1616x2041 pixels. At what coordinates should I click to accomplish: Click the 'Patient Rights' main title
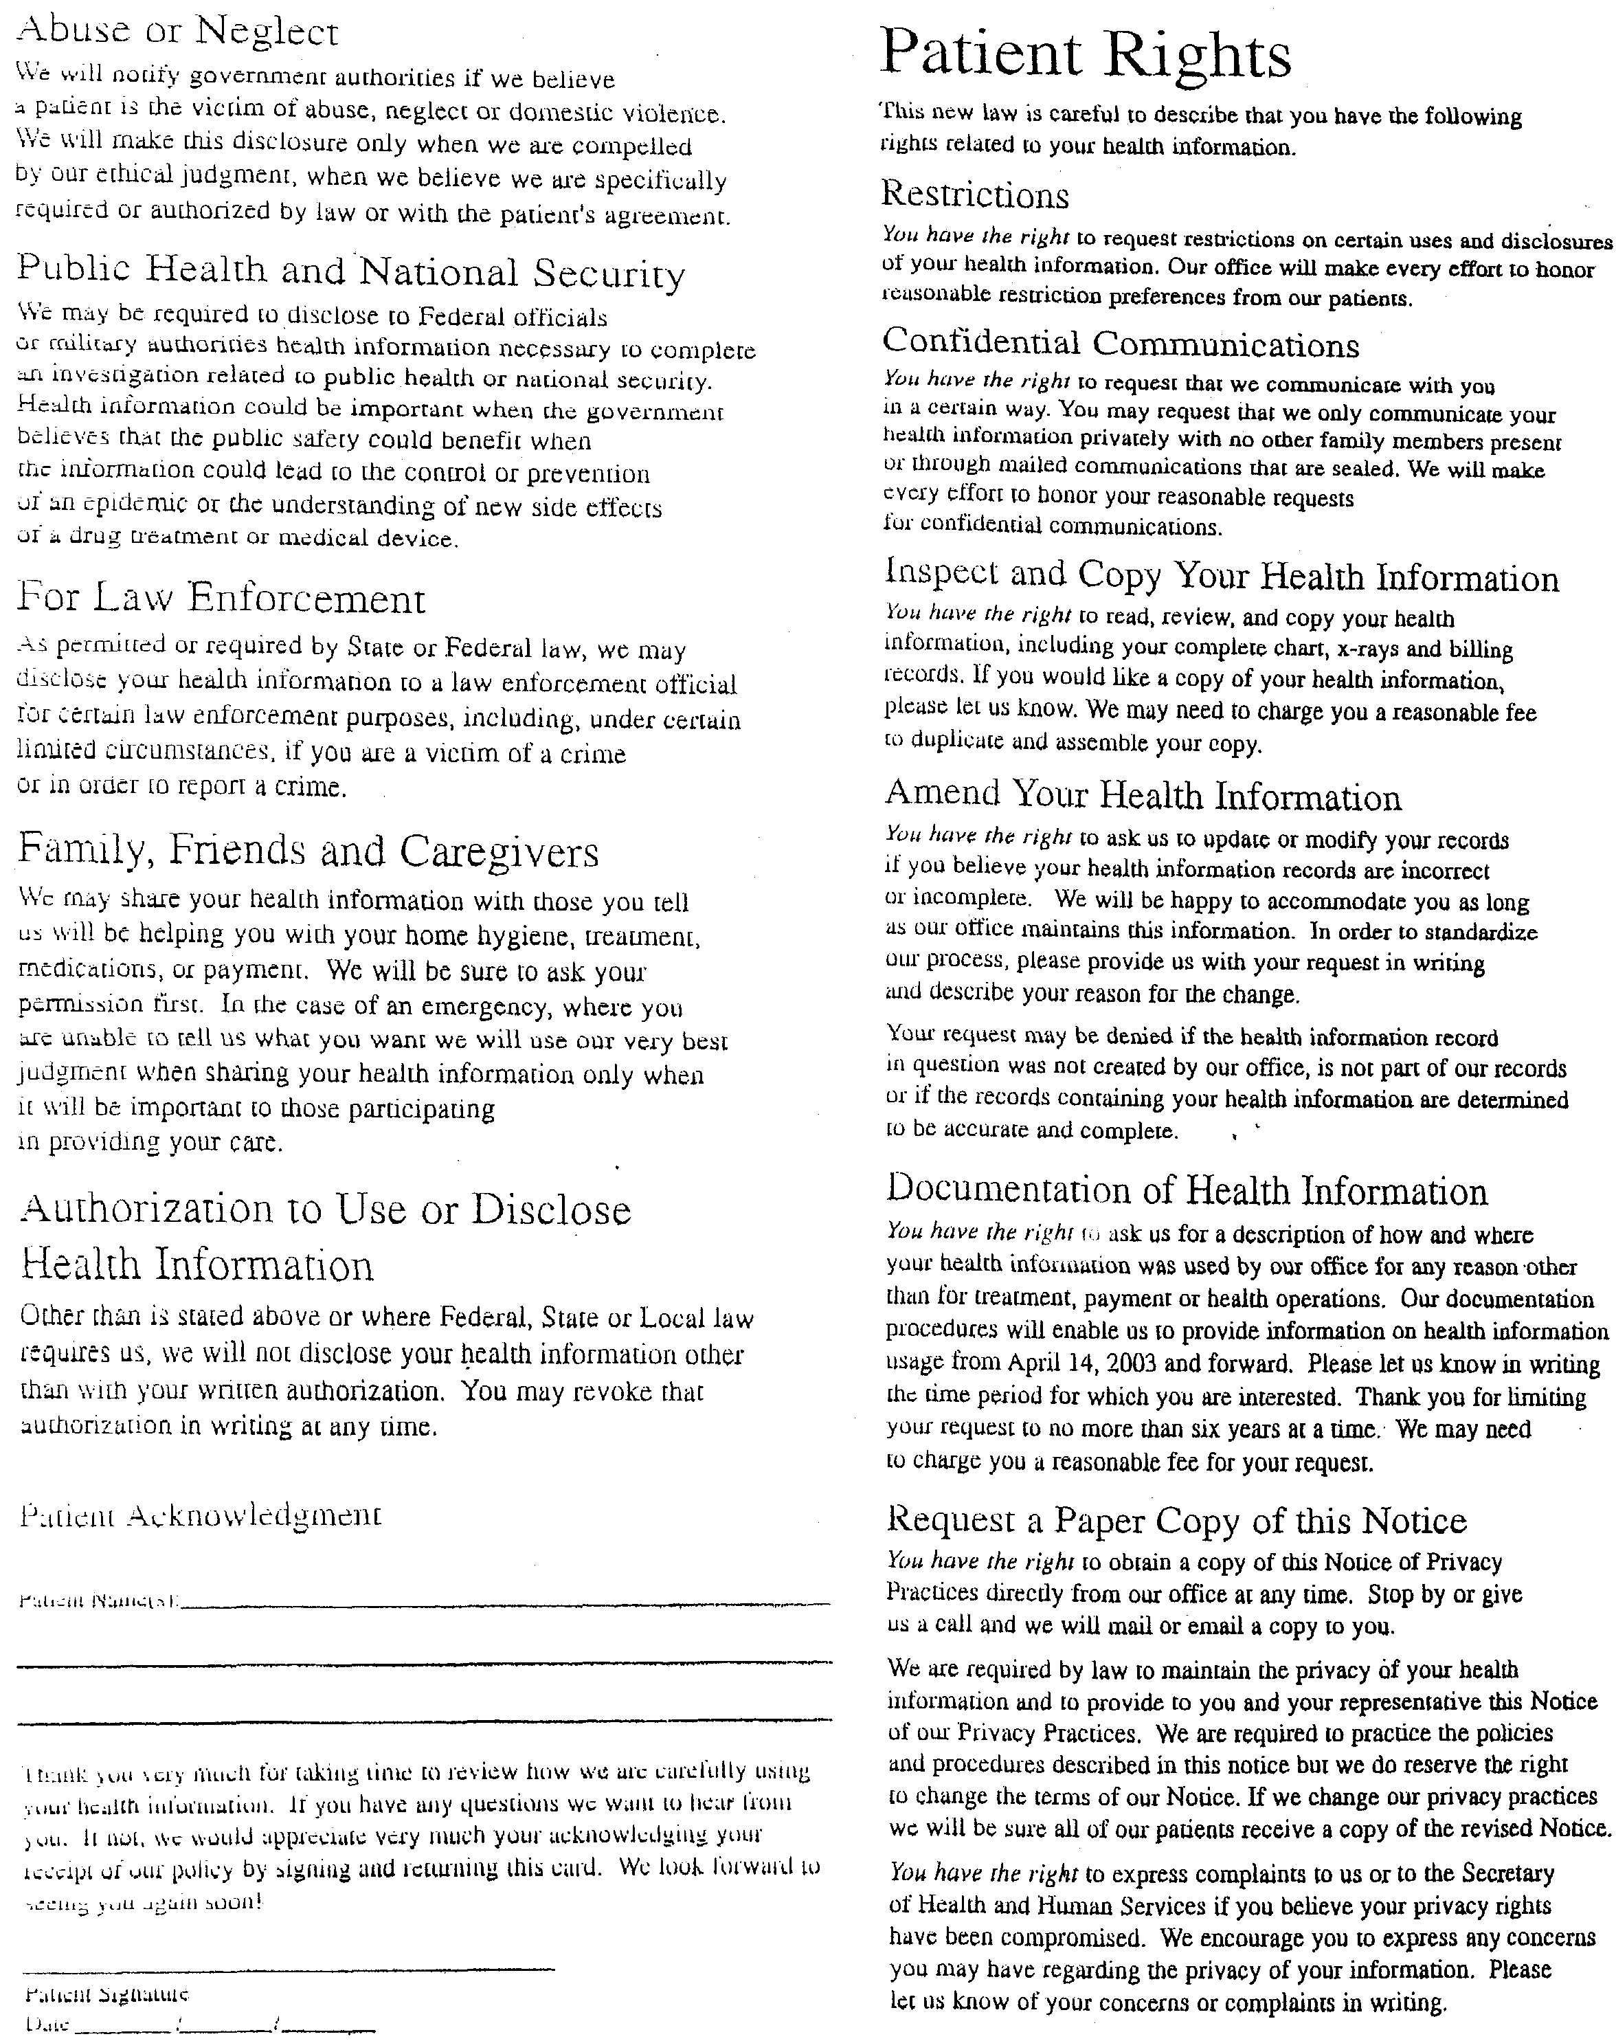(x=1085, y=55)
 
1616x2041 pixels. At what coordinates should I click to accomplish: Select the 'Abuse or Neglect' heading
(x=178, y=31)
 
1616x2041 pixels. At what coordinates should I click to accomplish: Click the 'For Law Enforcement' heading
(x=221, y=598)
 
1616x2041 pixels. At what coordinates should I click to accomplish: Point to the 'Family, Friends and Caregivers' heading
(x=308, y=851)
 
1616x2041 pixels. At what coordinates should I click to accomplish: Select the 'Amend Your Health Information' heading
(x=1143, y=796)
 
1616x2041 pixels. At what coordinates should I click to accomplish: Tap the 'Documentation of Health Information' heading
(x=1187, y=1190)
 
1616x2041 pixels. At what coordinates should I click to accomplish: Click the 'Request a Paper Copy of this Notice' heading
(x=1176, y=1519)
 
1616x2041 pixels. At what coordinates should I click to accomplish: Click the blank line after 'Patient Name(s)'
(x=506, y=1604)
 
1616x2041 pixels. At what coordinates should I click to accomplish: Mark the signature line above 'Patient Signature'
(x=289, y=1969)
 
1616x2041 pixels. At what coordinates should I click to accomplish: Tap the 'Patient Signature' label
(x=107, y=1994)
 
